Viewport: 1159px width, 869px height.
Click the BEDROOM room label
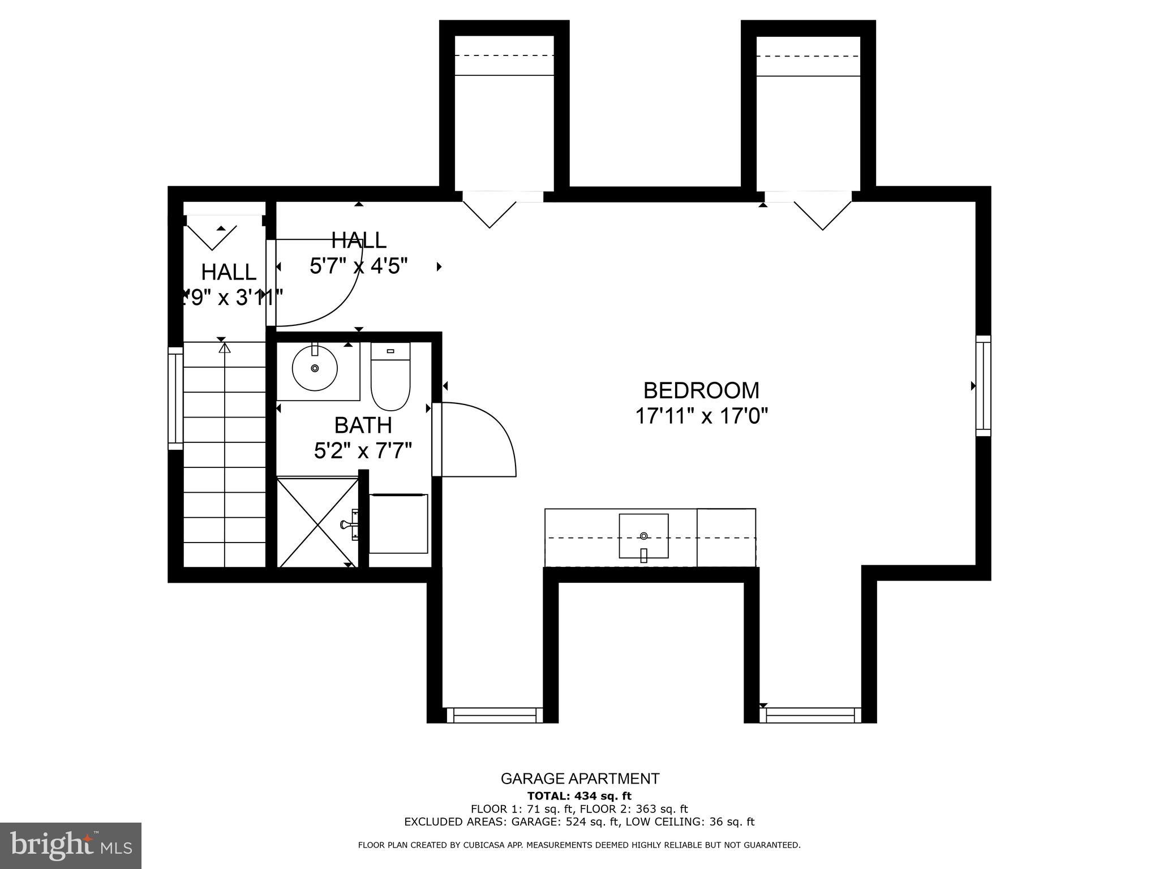click(701, 390)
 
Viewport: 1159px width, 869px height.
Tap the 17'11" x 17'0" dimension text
click(701, 417)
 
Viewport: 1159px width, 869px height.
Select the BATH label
click(363, 425)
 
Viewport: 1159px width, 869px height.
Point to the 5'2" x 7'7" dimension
click(363, 451)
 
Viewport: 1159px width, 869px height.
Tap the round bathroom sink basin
click(315, 368)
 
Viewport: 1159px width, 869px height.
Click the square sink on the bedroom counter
click(643, 536)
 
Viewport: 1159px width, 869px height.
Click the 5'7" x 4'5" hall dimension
click(359, 265)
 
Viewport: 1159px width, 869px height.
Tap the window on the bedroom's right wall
click(984, 386)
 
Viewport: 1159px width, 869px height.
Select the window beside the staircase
click(175, 398)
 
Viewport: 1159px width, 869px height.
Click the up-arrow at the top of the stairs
click(225, 348)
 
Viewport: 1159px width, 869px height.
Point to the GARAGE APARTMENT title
click(579, 778)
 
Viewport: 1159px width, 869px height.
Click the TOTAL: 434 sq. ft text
click(579, 796)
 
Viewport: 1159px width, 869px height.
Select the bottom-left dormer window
click(495, 715)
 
